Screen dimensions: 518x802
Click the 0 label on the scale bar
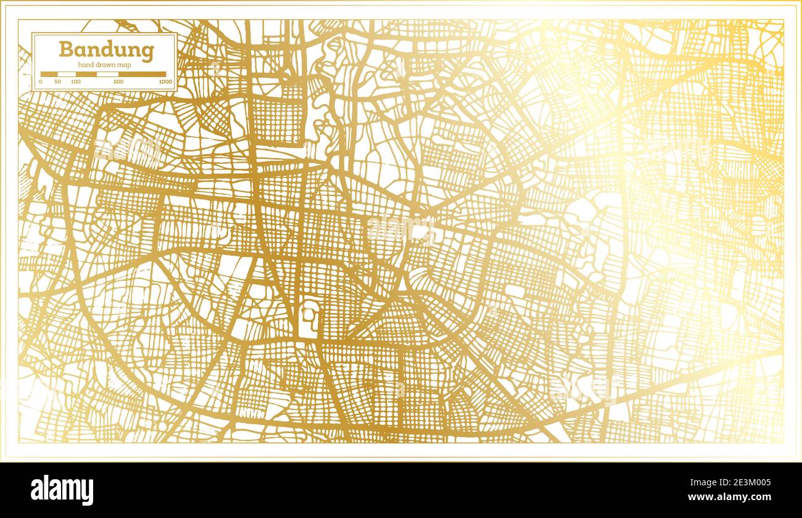(41, 81)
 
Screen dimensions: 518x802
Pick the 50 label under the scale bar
(57, 81)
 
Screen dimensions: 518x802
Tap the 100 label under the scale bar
(76, 81)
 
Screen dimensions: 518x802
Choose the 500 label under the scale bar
(118, 81)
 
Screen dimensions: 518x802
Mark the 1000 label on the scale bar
(165, 81)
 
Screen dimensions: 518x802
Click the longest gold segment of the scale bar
(142, 74)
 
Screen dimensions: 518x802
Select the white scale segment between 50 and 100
(67, 74)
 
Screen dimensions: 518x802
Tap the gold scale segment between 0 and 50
(49, 74)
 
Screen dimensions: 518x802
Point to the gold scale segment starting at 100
(86, 74)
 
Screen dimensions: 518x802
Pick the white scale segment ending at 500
(107, 74)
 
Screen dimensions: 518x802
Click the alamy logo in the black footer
(62, 490)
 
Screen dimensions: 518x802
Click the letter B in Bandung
(65, 49)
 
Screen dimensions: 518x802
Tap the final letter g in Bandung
(147, 52)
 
